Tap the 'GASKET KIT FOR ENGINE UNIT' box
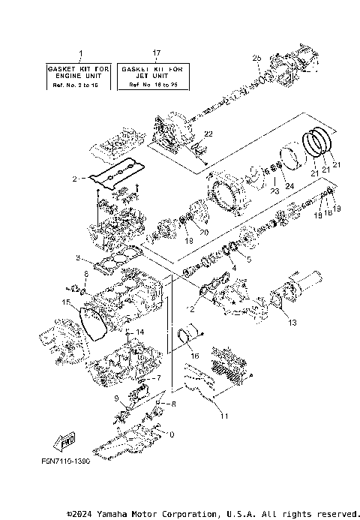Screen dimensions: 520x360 coord(80,77)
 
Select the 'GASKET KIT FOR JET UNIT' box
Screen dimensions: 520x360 coord(155,77)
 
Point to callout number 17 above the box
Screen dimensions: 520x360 coord(155,53)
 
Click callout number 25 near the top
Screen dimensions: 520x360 coord(256,58)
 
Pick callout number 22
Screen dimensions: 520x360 coord(208,134)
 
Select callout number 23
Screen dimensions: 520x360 coord(274,191)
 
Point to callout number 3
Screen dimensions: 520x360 coord(78,257)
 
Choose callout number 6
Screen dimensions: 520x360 coord(85,275)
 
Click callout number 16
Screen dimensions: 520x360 coord(195,356)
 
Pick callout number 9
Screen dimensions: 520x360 coord(116,398)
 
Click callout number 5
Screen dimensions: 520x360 coord(250,259)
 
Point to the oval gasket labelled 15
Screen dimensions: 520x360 coord(93,323)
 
